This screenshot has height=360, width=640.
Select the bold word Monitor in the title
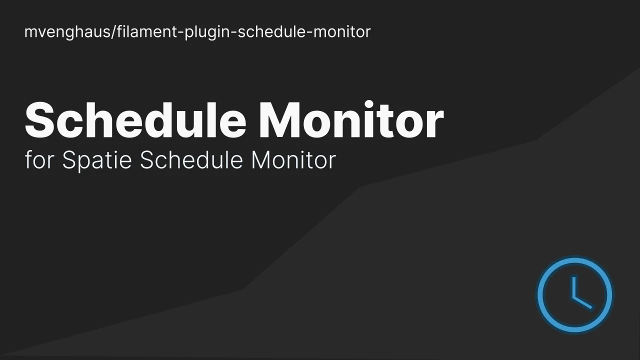click(x=351, y=120)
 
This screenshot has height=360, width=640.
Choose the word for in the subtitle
click(x=39, y=160)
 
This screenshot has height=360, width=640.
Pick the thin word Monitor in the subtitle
click(x=293, y=160)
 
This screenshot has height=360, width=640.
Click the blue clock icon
click(x=574, y=295)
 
